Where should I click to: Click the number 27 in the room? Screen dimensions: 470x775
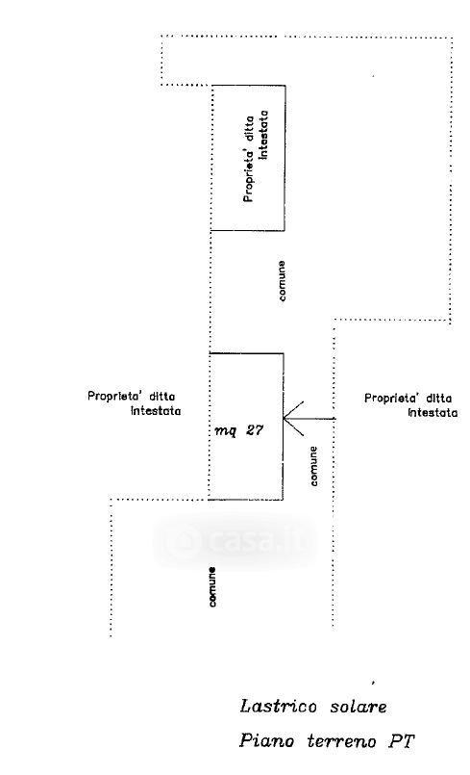coord(255,430)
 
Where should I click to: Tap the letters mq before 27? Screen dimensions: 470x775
coord(225,431)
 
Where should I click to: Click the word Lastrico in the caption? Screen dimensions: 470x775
coord(278,706)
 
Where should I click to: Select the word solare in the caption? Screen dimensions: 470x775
coord(359,706)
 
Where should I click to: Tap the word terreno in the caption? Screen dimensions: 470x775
coord(341,741)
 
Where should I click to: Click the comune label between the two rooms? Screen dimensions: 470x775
coord(282,281)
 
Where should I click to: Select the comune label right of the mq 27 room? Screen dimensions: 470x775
coord(313,466)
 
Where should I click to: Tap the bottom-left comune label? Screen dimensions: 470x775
coord(211,586)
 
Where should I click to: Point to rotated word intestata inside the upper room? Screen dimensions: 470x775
coord(263,135)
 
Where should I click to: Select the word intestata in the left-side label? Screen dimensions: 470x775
coord(156,411)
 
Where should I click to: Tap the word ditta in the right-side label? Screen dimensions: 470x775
coord(438,398)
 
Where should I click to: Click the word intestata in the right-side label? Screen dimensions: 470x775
coord(433,413)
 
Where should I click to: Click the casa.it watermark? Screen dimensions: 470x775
coord(236,541)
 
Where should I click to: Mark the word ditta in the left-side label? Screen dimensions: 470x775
coord(161,396)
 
